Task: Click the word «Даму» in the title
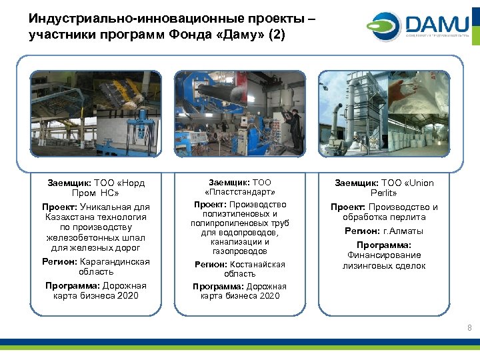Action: (x=235, y=35)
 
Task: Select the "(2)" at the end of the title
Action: (x=276, y=35)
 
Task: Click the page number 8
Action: (x=469, y=327)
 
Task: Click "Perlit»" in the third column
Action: (x=384, y=193)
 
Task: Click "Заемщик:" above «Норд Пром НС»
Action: (x=69, y=183)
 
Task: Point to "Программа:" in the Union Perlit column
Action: (x=384, y=245)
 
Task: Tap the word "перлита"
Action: (x=411, y=217)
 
